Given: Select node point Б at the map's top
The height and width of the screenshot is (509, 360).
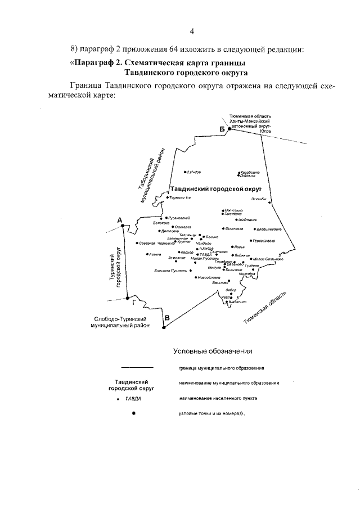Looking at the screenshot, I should [229, 129].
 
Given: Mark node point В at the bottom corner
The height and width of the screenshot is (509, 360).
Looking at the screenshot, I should [166, 326].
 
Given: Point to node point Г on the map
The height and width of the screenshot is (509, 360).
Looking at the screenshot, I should [128, 298].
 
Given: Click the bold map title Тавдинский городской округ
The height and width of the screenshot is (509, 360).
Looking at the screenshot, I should [217, 190].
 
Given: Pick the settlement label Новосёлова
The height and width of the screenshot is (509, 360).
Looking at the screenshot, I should [209, 277].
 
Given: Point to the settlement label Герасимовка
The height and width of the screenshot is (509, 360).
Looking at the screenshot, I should [263, 241].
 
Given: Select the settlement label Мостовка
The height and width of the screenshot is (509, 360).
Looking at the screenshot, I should [234, 229].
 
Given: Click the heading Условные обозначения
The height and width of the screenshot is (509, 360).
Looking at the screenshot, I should [212, 352].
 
